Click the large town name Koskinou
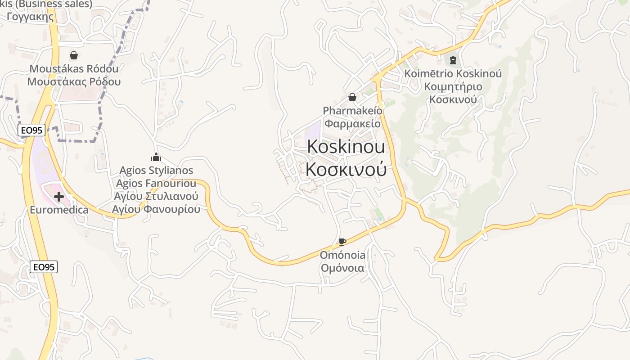click(346, 147)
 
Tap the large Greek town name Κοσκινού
click(346, 169)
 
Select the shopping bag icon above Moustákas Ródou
click(74, 55)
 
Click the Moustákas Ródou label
click(74, 69)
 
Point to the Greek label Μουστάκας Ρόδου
click(74, 81)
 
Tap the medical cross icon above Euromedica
click(59, 197)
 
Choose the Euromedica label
click(59, 210)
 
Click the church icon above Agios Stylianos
click(156, 157)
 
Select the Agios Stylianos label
click(156, 171)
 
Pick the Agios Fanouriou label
click(156, 183)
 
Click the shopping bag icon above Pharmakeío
click(352, 97)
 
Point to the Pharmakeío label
click(352, 111)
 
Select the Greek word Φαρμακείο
click(352, 123)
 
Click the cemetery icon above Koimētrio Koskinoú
click(453, 60)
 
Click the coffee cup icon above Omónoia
click(342, 242)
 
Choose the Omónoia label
click(342, 255)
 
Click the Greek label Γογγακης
click(31, 17)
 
